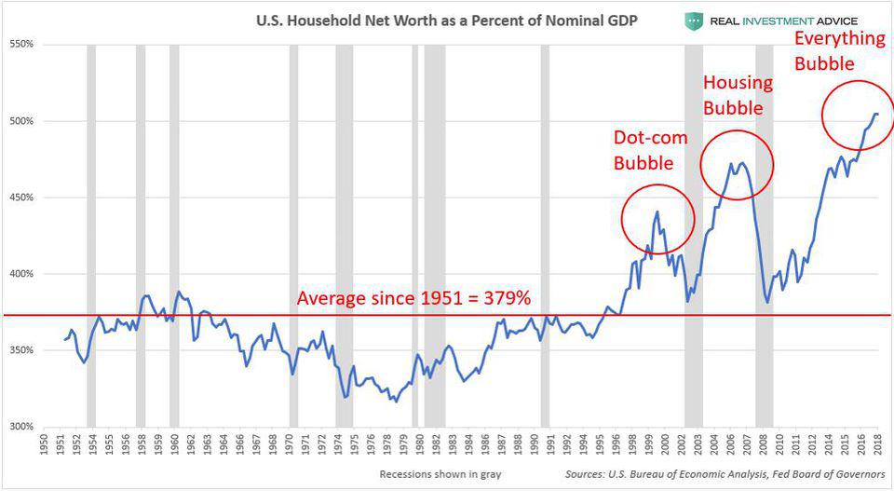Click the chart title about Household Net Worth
coord(447,19)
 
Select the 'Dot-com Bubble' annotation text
coord(650,149)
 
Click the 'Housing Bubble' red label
coord(738,95)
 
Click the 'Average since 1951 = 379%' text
coord(413,299)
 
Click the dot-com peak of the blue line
coord(657,212)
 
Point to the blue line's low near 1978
coord(395,402)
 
